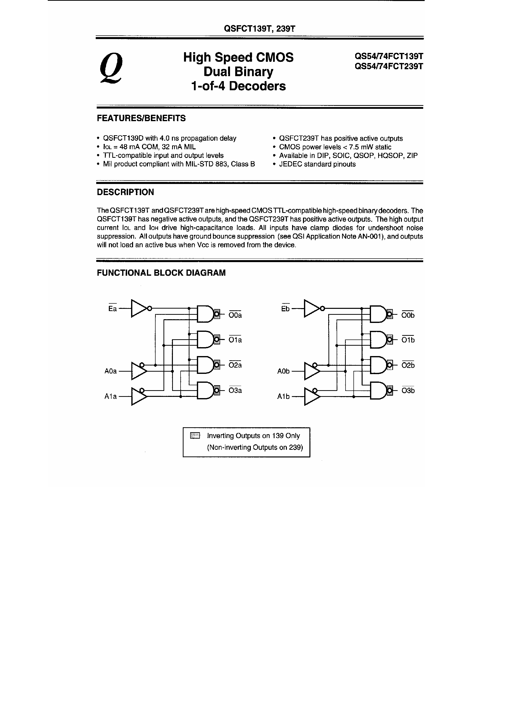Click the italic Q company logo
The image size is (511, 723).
pos(111,68)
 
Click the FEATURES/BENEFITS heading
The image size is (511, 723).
pos(141,118)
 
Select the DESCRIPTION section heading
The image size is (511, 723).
pos(125,192)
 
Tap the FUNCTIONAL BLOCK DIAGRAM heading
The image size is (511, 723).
pos(161,273)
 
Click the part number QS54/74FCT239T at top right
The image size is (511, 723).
pos(389,67)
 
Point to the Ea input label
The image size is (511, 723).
pos(113,309)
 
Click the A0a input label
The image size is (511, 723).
pos(111,371)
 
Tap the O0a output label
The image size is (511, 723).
pos(235,315)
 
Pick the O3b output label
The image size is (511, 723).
pos(408,391)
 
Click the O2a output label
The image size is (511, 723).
pos(235,365)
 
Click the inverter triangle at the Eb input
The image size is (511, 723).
pos(311,309)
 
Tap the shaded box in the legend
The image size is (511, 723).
pos(195,436)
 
